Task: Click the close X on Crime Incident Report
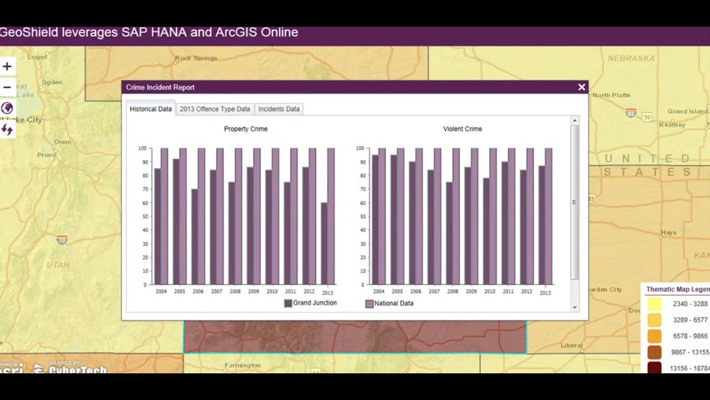[x=581, y=87]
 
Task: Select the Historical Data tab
[x=150, y=109]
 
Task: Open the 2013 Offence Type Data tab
[x=215, y=109]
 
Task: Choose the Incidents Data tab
[x=278, y=109]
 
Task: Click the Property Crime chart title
[x=246, y=129]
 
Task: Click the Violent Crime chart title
[x=462, y=129]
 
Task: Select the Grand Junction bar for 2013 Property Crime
[x=324, y=244]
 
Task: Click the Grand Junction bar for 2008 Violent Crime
[x=449, y=233]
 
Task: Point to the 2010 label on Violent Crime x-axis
[x=489, y=292]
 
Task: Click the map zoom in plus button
[x=7, y=67]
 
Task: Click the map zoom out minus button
[x=7, y=87]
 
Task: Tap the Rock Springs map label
[x=196, y=58]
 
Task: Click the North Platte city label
[x=611, y=95]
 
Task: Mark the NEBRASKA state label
[x=631, y=58]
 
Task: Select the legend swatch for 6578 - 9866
[x=654, y=336]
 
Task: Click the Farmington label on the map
[x=242, y=366]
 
